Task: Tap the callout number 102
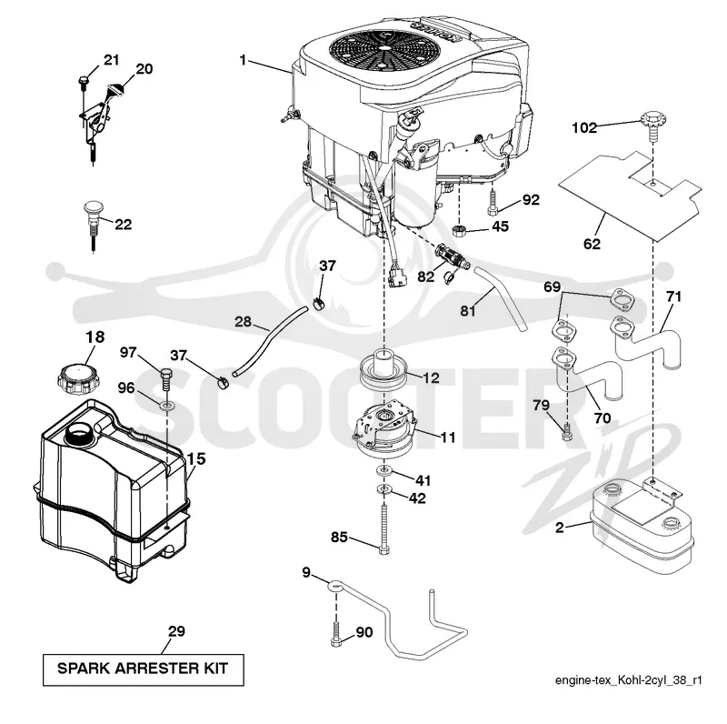pos(584,127)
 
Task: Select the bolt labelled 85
pos(383,528)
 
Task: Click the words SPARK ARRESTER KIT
pos(143,669)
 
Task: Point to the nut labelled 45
pos(459,230)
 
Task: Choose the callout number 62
pos(592,244)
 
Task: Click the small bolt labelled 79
pos(567,432)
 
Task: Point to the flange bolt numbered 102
pos(653,123)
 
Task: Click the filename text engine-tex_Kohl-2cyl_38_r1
pos(628,680)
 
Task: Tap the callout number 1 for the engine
pos(243,60)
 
